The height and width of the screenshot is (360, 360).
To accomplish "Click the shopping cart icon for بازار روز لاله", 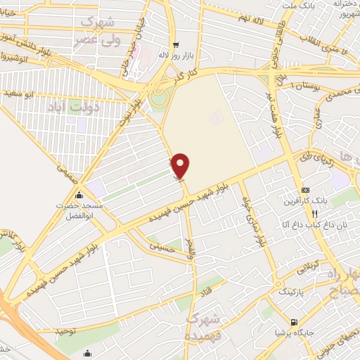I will point(176,44).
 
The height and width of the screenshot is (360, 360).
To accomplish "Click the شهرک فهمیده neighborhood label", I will point(203,326).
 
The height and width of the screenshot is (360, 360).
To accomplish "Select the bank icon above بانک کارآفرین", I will point(305,191).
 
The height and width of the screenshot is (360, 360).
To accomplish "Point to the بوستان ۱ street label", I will point(299,85).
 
